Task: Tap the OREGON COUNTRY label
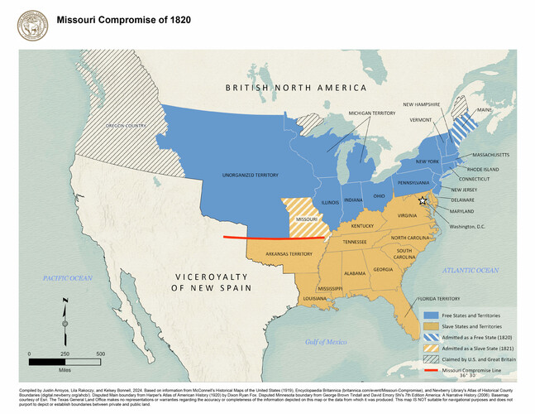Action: [126, 126]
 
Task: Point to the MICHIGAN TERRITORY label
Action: [371, 113]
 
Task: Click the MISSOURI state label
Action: [306, 219]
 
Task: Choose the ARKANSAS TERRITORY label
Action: [289, 254]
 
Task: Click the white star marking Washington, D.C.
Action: [423, 200]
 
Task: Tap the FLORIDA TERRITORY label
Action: [437, 298]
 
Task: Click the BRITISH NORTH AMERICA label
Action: [295, 88]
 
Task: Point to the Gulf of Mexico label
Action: [325, 341]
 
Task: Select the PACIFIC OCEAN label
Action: [69, 278]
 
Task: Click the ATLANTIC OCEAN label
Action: [471, 270]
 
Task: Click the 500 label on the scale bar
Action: [100, 354]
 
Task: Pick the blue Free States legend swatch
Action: [432, 315]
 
